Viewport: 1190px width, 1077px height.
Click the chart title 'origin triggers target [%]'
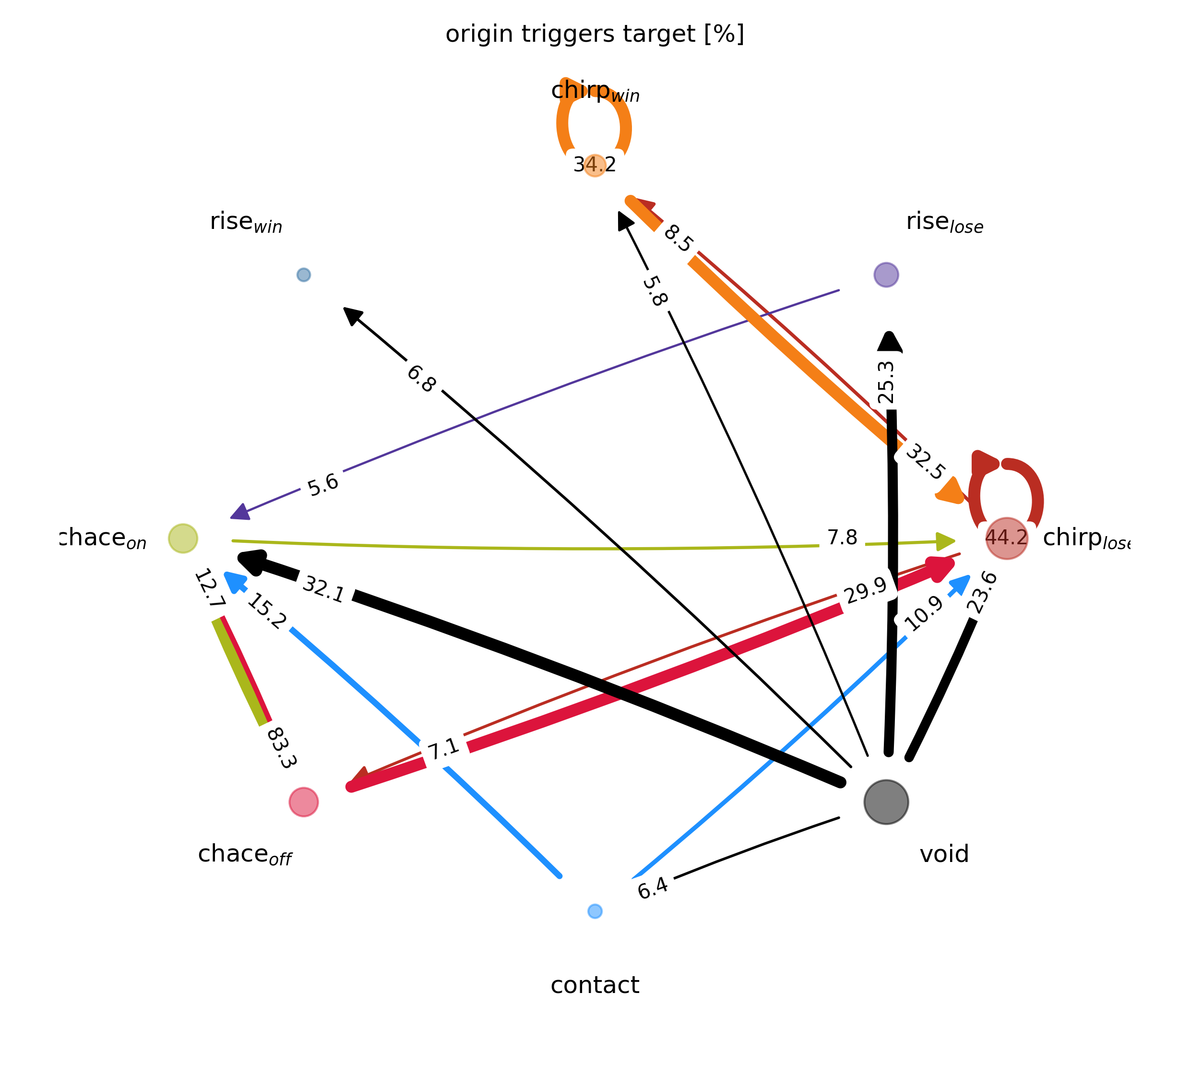595,34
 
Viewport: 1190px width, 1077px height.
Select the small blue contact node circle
595,911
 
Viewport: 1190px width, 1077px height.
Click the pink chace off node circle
303,802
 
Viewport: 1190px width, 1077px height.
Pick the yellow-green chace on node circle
183,538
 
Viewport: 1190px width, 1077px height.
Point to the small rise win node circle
303,275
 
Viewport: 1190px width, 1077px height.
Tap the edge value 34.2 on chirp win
595,165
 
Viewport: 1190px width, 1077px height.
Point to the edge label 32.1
323,589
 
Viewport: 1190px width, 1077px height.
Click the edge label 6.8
421,379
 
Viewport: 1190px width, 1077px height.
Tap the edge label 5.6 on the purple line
323,485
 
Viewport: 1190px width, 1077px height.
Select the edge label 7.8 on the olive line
842,538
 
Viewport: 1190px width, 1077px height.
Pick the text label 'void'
944,854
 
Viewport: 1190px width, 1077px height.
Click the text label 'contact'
595,985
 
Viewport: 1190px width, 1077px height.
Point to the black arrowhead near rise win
352,315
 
